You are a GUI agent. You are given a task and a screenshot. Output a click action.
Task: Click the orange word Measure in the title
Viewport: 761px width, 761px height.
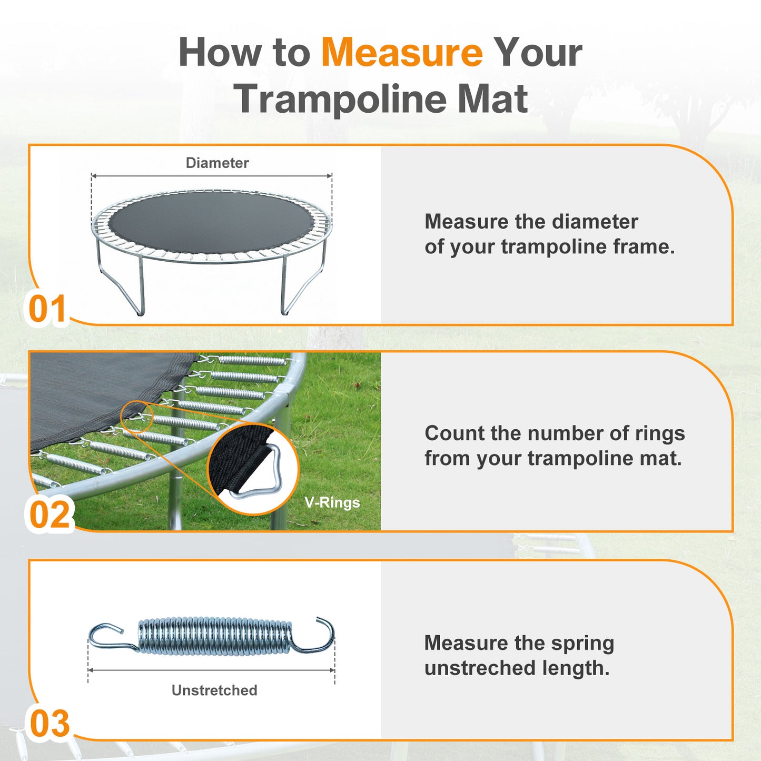click(401, 53)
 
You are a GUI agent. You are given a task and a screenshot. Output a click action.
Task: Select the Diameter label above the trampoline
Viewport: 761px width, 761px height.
click(217, 163)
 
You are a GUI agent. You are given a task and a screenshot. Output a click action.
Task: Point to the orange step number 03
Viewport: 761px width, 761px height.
click(50, 724)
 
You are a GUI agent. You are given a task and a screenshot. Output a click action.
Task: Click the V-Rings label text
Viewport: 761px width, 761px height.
click(332, 502)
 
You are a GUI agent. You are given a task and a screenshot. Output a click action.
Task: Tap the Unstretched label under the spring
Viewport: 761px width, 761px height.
click(214, 690)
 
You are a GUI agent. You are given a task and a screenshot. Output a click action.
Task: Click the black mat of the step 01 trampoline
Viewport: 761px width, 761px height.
click(211, 221)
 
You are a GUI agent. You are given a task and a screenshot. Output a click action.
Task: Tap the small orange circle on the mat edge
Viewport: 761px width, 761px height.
click(137, 417)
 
